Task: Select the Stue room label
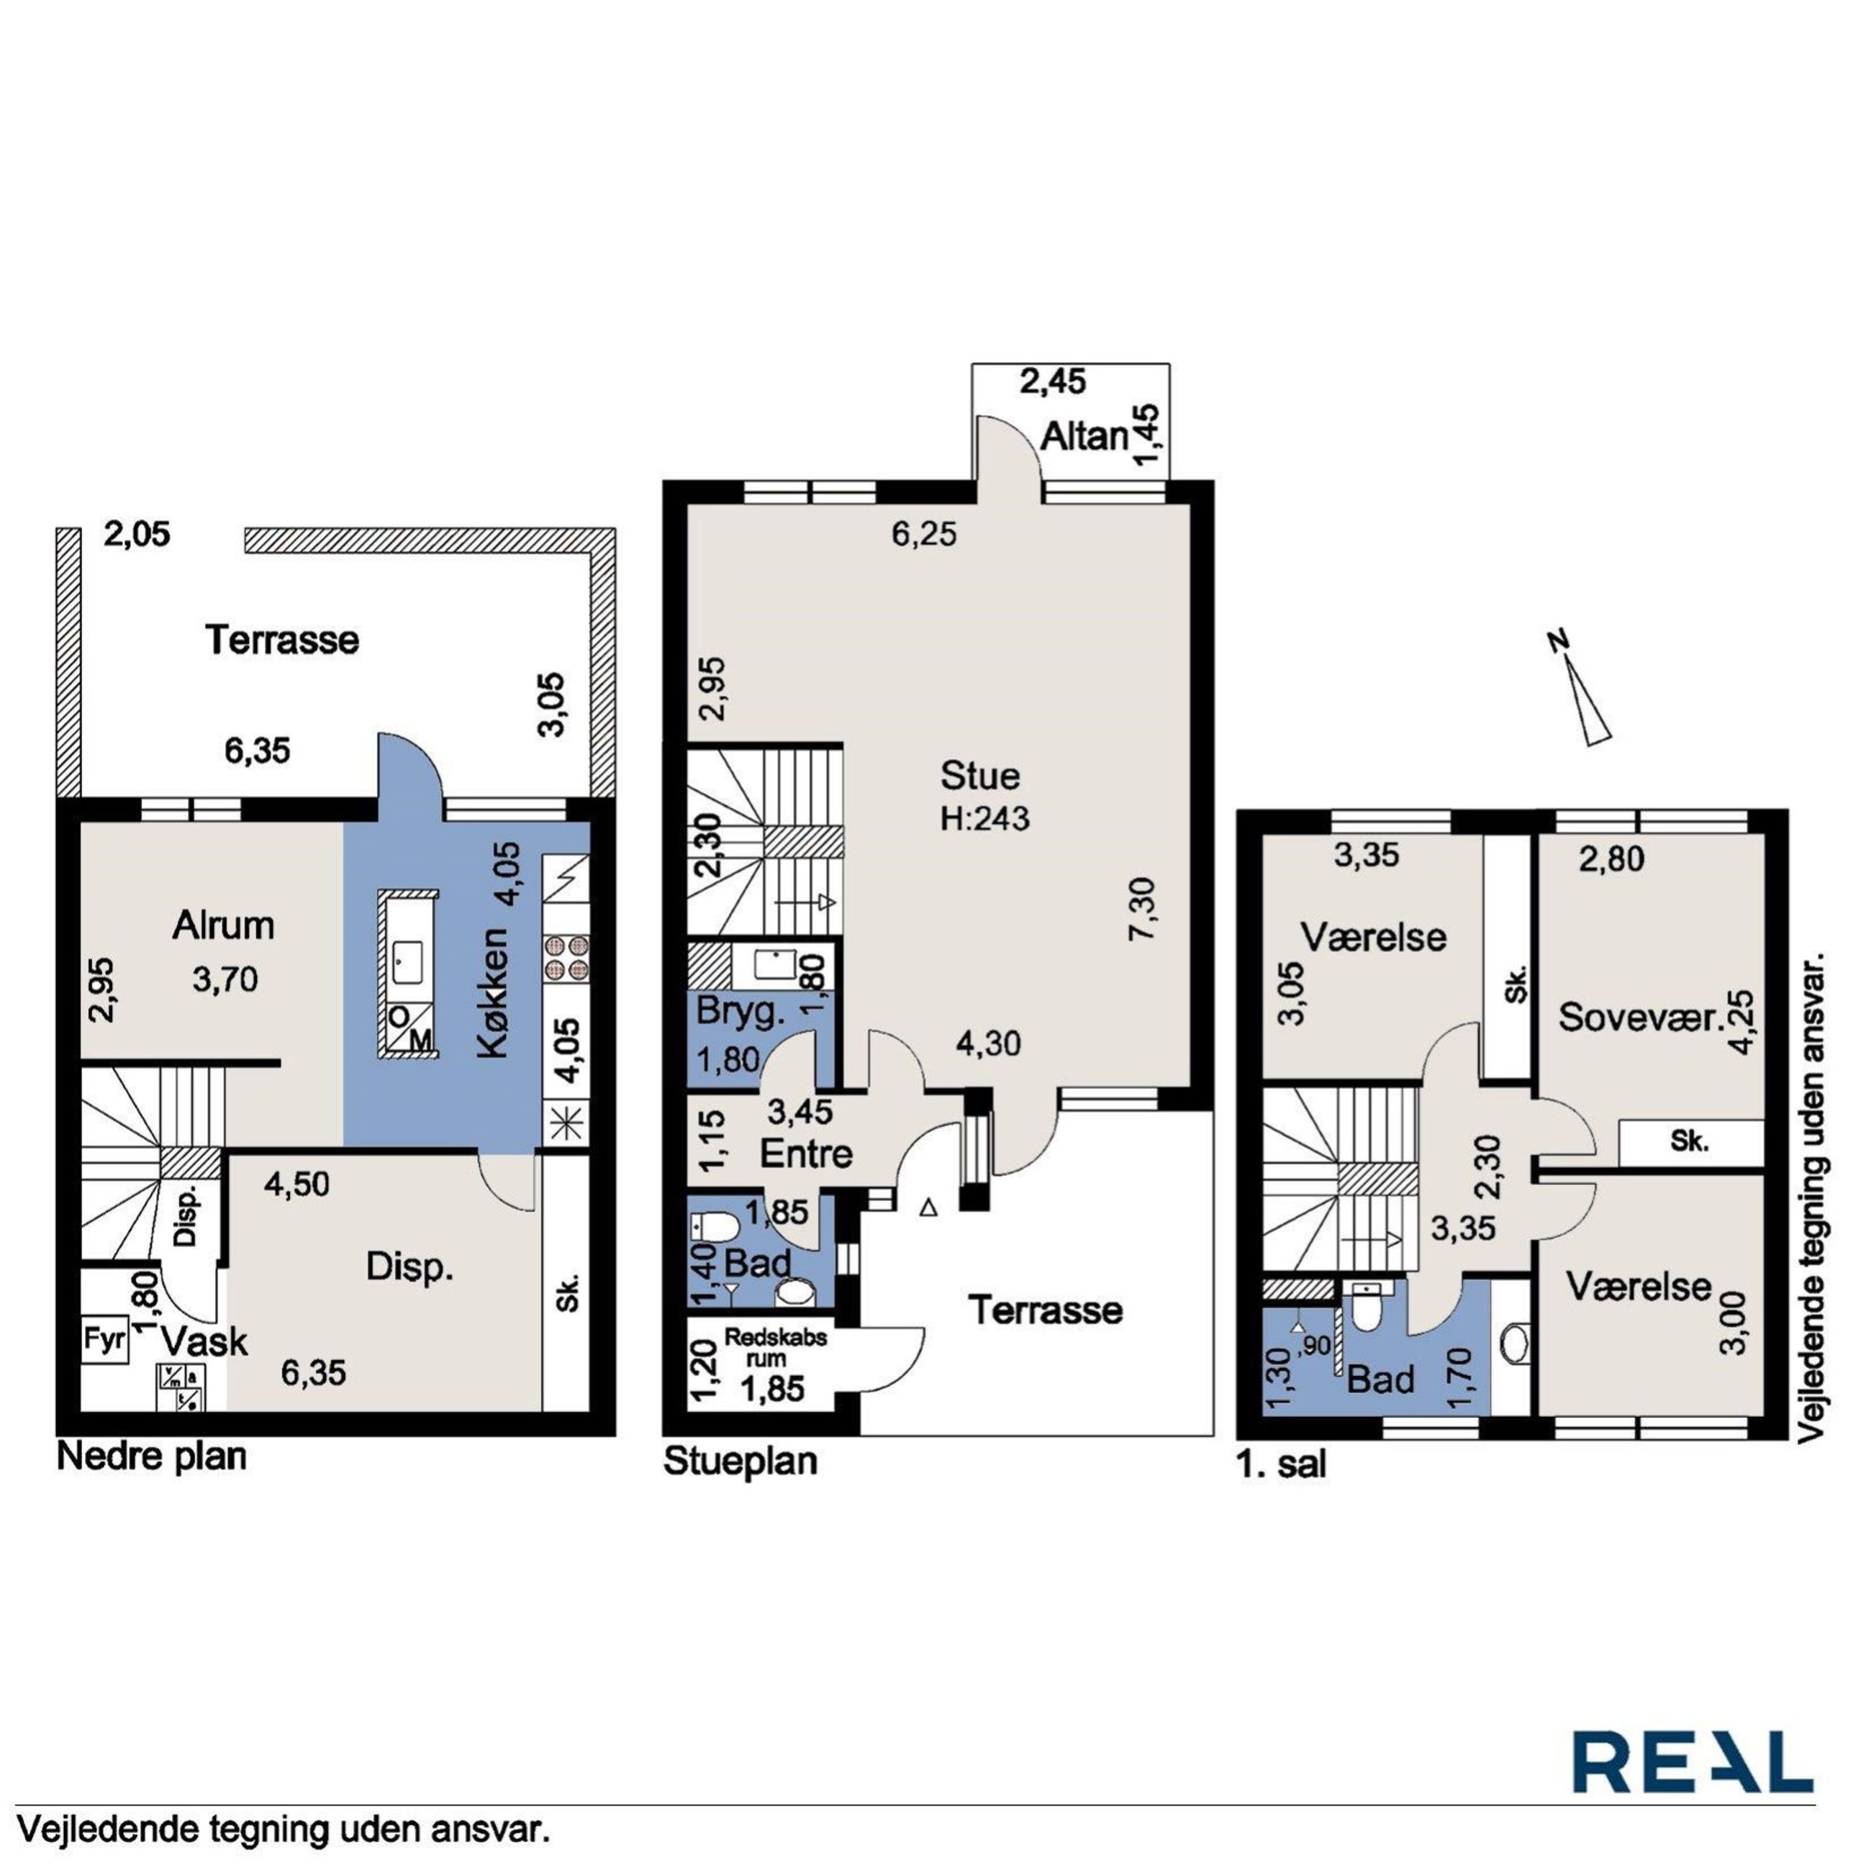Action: click(981, 776)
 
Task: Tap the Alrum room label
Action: click(224, 926)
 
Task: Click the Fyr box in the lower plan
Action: click(104, 1341)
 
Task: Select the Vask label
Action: click(204, 1342)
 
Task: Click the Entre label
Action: click(807, 1154)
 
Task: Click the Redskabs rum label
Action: click(776, 1348)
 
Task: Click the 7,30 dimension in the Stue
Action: click(1143, 908)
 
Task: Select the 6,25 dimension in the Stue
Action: click(924, 534)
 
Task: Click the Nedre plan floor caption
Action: click(152, 1457)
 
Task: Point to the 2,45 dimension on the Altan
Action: click(1053, 381)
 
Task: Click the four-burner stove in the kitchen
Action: click(566, 957)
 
